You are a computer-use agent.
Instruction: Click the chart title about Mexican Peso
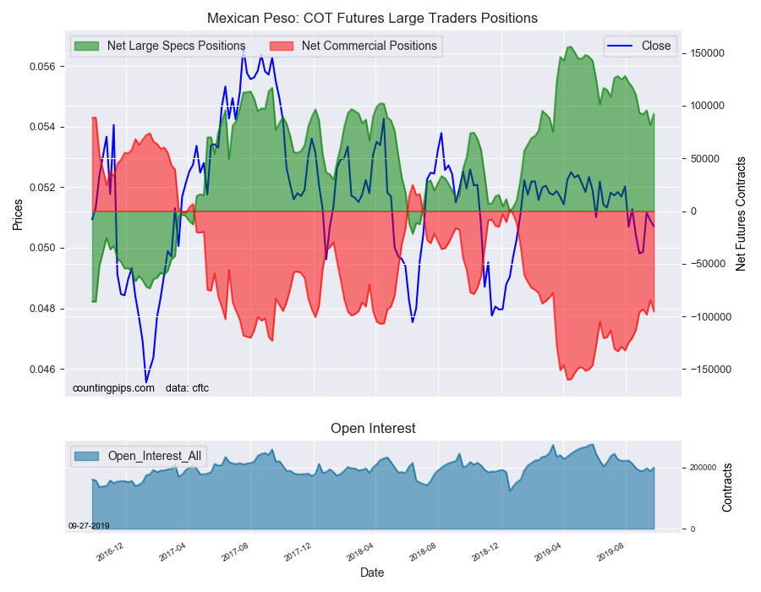[373, 18]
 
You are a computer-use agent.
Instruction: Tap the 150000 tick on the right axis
[709, 53]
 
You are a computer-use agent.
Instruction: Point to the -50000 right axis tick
[708, 264]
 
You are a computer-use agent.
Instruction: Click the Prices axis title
[17, 215]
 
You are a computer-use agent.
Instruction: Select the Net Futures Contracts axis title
[742, 214]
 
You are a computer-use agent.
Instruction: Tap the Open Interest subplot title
[373, 429]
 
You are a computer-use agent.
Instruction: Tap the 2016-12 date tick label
[110, 554]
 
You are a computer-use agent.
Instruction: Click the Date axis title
[372, 573]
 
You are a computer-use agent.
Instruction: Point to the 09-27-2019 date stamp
[89, 525]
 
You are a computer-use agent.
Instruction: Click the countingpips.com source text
[113, 388]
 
